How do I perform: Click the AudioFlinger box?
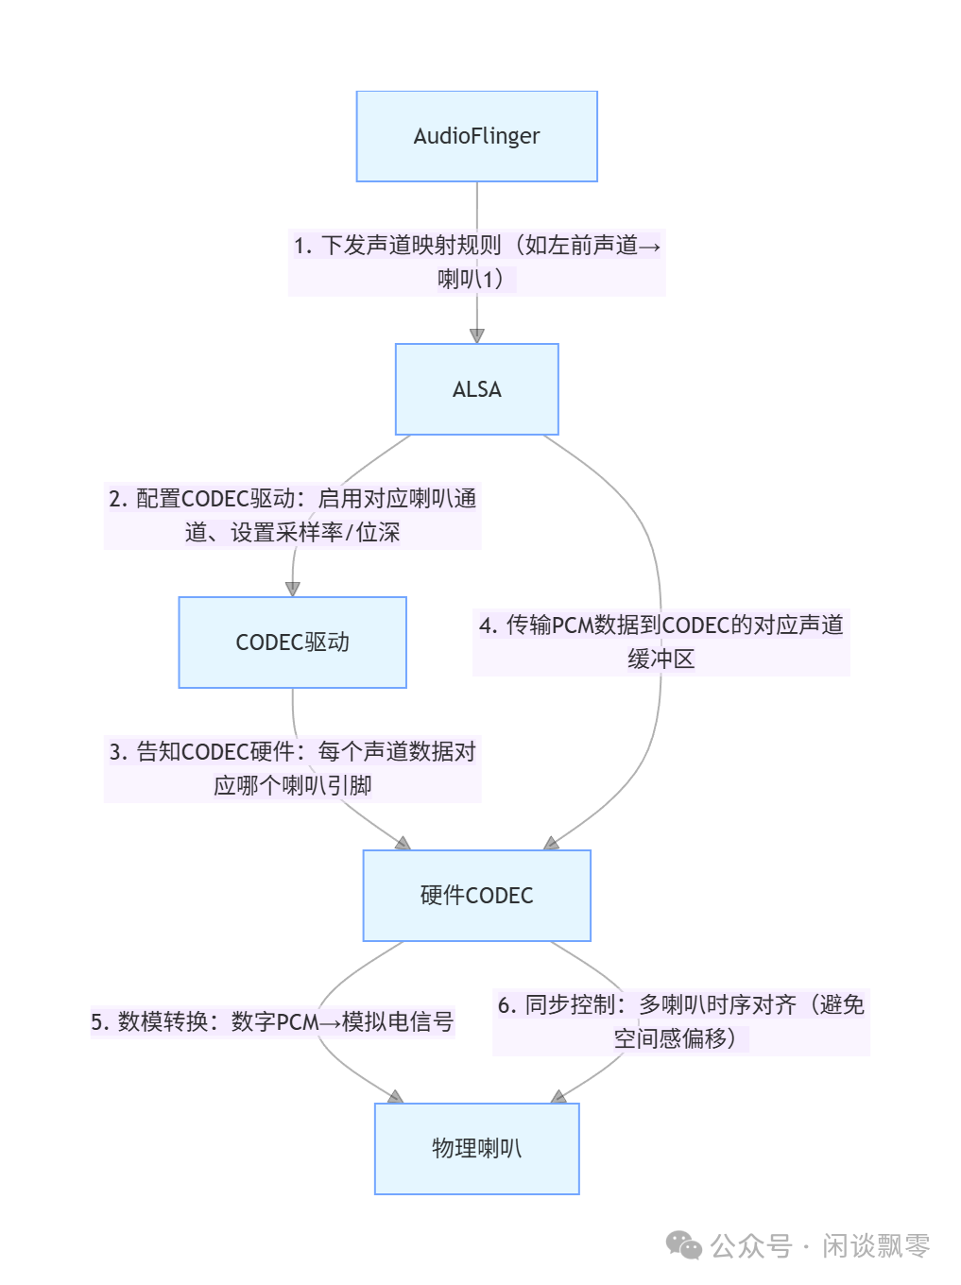coord(476,136)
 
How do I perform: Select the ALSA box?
coord(476,389)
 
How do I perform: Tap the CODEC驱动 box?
coord(292,642)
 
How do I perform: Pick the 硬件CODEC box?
coord(476,896)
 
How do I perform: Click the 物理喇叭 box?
coord(476,1149)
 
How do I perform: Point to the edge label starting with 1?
coord(476,262)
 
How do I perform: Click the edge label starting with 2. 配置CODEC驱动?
coord(292,515)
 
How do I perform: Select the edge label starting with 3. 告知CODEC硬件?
coord(292,768)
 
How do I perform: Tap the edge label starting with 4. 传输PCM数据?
coord(661,642)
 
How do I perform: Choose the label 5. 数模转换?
coord(272,1021)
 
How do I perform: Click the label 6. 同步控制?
coord(680,1021)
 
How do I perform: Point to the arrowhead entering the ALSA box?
coord(476,335)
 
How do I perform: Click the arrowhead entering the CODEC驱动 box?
coord(292,589)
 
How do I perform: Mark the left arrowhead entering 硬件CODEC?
coord(403,843)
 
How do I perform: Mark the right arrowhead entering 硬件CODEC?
coord(551,843)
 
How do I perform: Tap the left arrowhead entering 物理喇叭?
coord(396,1096)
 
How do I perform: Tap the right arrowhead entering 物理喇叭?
coord(558,1096)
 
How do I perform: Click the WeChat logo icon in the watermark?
coord(683,1245)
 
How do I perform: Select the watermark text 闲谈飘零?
coord(875,1245)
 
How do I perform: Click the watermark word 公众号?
coord(750,1245)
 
